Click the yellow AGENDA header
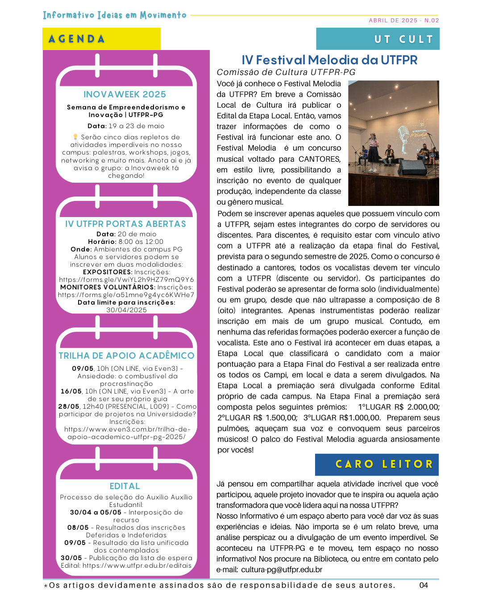(x=101, y=39)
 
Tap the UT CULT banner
(x=378, y=39)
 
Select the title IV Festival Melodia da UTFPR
(x=329, y=60)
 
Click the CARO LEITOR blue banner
(x=377, y=465)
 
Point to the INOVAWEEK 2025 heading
(x=125, y=94)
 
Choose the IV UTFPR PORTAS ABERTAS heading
(x=125, y=224)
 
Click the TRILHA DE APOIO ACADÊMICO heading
(x=126, y=356)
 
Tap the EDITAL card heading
(x=125, y=486)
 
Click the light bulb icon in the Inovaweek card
(x=75, y=137)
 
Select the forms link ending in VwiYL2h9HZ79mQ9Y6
(x=126, y=280)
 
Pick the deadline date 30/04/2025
(x=126, y=310)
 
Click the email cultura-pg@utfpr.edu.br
(x=282, y=569)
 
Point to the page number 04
(x=424, y=585)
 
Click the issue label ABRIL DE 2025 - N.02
(x=403, y=21)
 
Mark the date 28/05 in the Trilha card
(x=69, y=406)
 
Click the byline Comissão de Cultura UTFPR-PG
(x=286, y=72)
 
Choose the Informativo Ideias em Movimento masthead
(x=115, y=15)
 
